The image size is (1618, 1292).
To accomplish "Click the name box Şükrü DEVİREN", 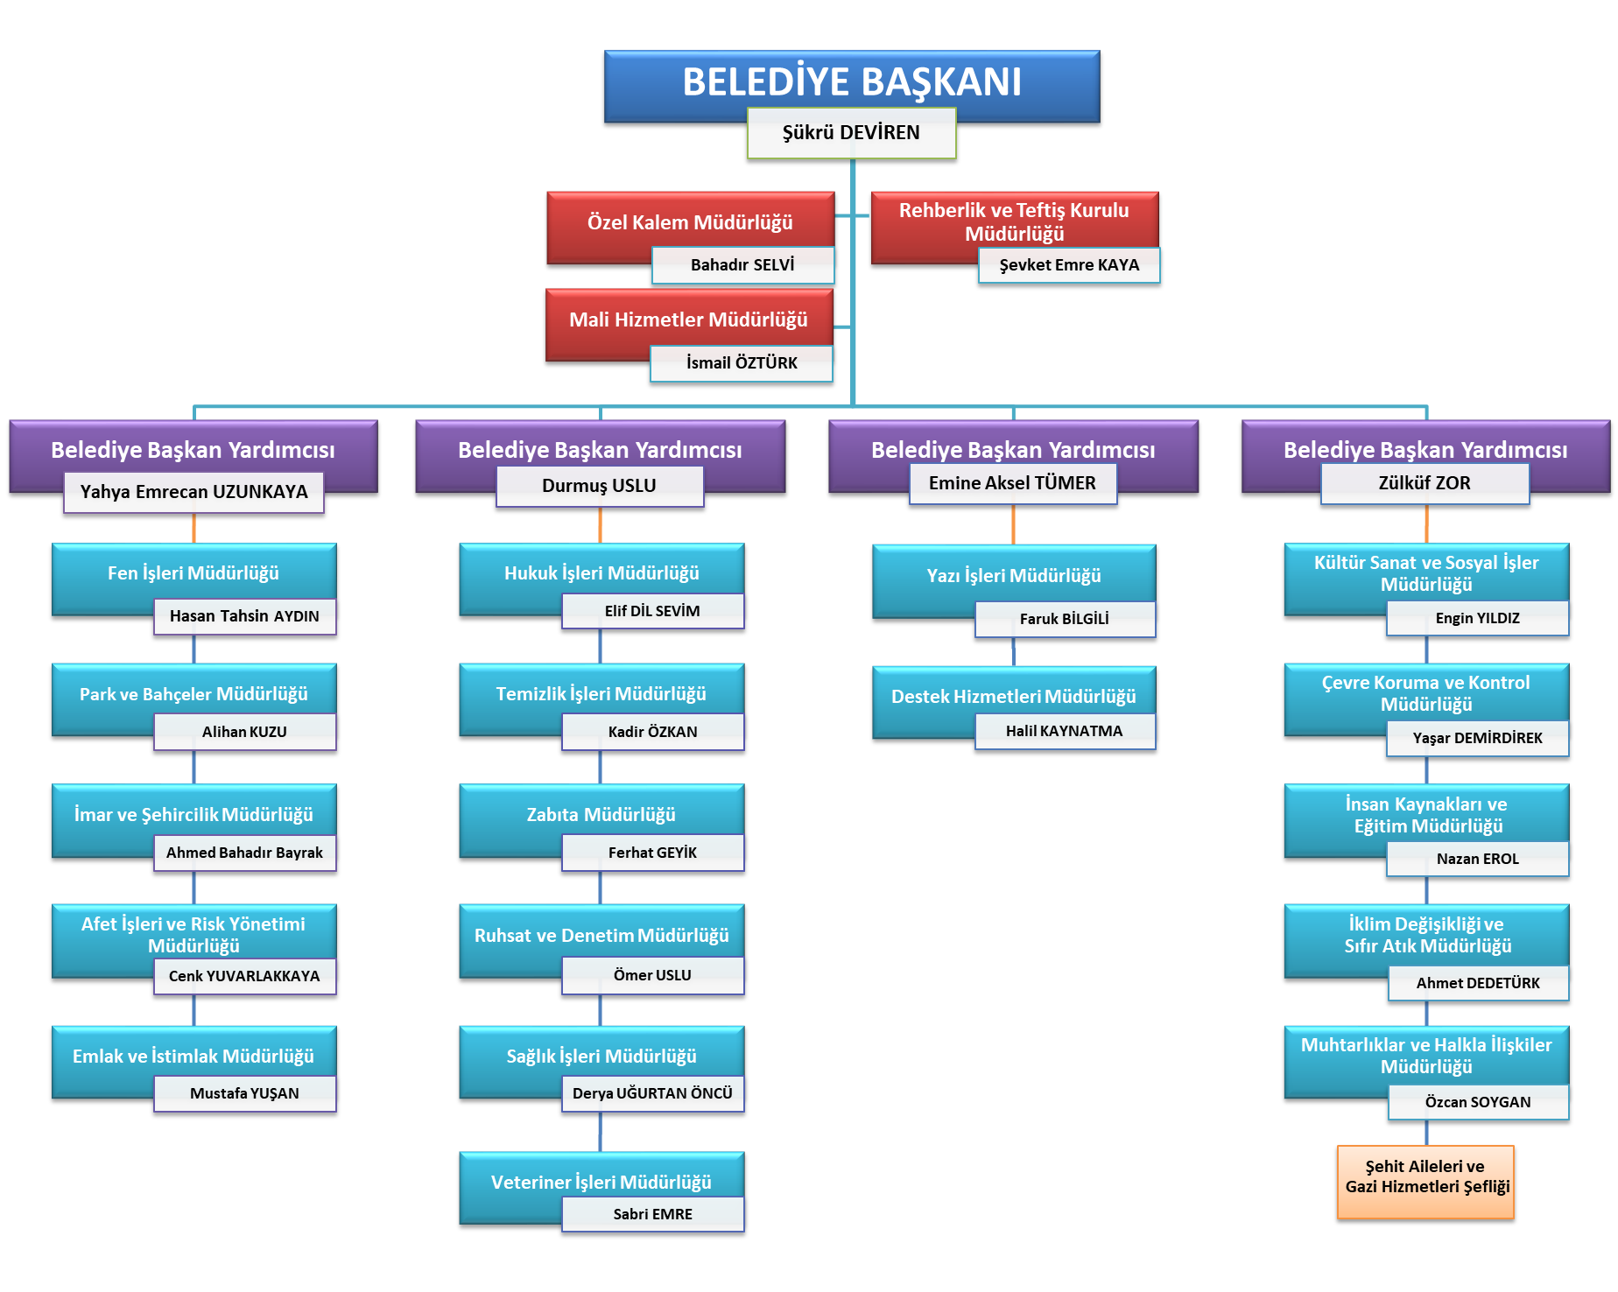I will point(851,133).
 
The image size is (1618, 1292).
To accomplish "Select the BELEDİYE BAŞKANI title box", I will point(851,81).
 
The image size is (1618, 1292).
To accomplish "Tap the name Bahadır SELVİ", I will point(742,265).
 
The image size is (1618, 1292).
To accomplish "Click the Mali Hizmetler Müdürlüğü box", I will point(688,319).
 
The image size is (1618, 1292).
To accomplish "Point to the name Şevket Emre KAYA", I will point(1069,265).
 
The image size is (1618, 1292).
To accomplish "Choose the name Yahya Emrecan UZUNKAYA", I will point(193,492).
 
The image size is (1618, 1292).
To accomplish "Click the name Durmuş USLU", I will point(599,486).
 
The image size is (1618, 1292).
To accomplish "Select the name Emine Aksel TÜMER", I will point(1012,483).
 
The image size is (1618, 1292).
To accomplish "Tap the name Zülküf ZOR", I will point(1425,483).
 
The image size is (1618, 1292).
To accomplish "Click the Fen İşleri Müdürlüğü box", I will point(193,572).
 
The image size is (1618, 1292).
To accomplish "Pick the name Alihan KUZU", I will point(244,732).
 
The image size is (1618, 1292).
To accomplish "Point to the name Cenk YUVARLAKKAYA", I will point(244,976).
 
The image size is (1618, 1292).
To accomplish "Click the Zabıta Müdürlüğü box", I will point(601,814).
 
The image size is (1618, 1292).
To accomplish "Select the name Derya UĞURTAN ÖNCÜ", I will point(652,1093).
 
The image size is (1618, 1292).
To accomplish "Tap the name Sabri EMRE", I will point(652,1214).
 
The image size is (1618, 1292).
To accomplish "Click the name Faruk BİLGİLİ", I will point(1065,619).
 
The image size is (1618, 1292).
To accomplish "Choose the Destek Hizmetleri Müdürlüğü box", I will point(1013,696).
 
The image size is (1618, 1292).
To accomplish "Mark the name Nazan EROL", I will point(1478,859).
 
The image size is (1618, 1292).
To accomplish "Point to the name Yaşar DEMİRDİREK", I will point(1478,738).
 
